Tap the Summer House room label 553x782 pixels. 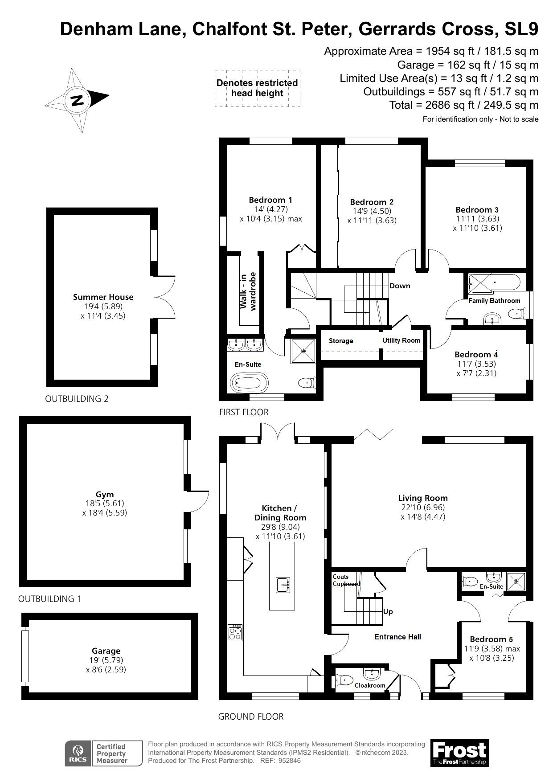[103, 297]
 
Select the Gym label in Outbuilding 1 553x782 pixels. [105, 494]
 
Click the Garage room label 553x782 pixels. [106, 651]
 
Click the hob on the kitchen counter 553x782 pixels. [235, 632]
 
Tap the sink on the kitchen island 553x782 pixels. [282, 585]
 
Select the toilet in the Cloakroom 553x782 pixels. [343, 680]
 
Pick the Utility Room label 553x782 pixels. [401, 340]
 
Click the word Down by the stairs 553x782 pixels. [400, 286]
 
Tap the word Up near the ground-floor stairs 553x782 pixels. [388, 611]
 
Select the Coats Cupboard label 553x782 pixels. [346, 580]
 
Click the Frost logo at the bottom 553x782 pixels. [459, 753]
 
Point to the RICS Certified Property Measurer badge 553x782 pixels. [104, 753]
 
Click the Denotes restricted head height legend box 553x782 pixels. [257, 88]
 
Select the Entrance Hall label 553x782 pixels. [397, 637]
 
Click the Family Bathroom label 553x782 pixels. [494, 301]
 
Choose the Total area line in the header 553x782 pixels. [464, 105]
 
